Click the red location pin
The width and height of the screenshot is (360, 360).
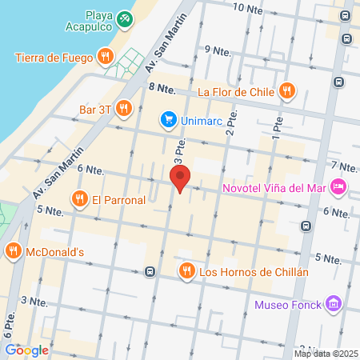point(180,178)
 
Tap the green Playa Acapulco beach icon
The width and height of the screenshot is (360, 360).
point(125,18)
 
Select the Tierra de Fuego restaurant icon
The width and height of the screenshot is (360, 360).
point(105,56)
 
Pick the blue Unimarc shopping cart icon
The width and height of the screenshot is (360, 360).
point(168,120)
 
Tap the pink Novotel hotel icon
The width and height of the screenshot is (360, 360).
point(338,187)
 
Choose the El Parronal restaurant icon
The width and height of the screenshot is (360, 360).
point(79,200)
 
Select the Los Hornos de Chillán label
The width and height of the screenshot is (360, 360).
point(253,271)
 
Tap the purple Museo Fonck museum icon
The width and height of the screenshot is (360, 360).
point(334,304)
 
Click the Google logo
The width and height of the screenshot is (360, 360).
point(26,350)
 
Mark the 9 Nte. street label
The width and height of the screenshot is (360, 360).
point(218,50)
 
